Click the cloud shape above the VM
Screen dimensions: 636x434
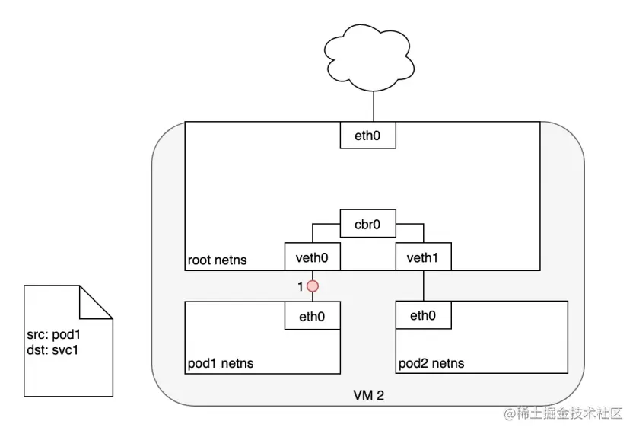pos(369,57)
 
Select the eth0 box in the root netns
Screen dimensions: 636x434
pos(368,136)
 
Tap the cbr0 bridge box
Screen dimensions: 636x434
pos(368,224)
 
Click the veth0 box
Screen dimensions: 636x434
pos(313,257)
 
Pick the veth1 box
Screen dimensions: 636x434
pos(424,257)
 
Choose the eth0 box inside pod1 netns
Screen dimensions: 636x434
pos(313,315)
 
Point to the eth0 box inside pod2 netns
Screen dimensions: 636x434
pos(424,315)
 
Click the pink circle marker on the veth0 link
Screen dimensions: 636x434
pos(313,286)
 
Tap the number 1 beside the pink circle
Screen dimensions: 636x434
pos(301,286)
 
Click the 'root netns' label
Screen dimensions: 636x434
pos(217,260)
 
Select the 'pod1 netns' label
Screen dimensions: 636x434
pos(221,363)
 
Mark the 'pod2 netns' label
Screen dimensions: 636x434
pos(431,363)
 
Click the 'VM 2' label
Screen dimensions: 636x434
pos(368,395)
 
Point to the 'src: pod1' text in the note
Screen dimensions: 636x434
pos(53,334)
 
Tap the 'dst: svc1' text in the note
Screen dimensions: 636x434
pos(52,350)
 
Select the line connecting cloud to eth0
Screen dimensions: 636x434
pos(374,107)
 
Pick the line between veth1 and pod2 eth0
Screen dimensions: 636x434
pos(424,286)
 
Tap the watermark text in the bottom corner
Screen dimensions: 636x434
pos(563,413)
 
